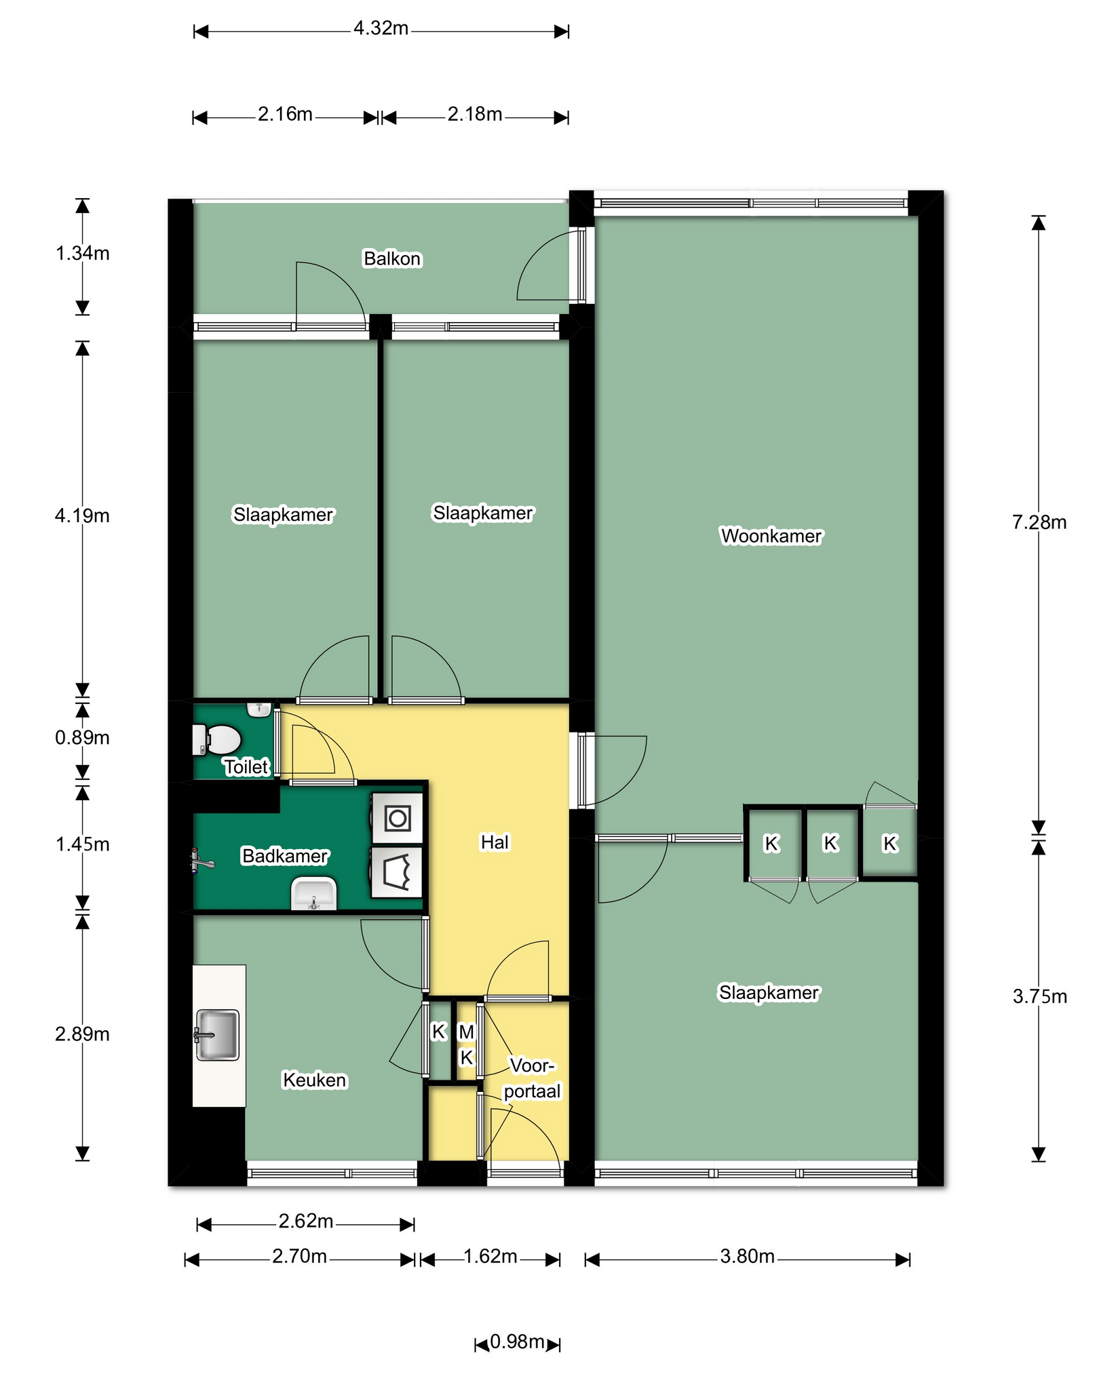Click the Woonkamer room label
point(771,536)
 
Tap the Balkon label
point(392,258)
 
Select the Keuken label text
point(315,1080)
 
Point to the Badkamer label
point(285,856)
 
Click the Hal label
point(495,842)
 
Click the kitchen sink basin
point(217,1035)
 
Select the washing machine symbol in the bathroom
point(397,818)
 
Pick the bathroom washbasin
point(313,893)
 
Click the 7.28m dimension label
point(1039,522)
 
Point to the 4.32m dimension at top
point(381,28)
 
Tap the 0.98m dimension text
point(517,1342)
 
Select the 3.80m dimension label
point(747,1257)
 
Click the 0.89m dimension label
point(82,737)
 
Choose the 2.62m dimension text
point(306,1221)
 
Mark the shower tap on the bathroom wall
point(203,862)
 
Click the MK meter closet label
point(466,1044)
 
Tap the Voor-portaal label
point(533,1078)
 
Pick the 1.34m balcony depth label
point(82,254)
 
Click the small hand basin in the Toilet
point(259,709)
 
